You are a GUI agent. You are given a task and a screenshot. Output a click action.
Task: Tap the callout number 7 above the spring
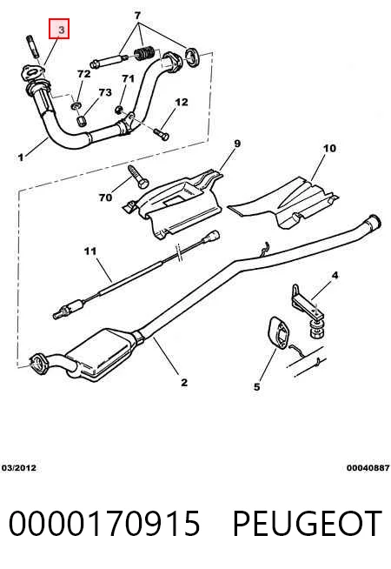(137, 16)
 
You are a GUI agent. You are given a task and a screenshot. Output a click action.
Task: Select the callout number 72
(84, 74)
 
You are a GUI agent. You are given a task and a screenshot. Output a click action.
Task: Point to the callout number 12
(182, 102)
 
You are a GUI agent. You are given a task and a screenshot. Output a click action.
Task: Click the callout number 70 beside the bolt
(105, 197)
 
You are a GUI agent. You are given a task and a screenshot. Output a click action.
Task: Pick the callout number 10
(329, 149)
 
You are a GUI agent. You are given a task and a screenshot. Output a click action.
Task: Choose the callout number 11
(90, 251)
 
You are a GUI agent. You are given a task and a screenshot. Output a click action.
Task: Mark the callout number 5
(256, 387)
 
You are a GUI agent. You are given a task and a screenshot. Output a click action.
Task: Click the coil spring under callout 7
(146, 55)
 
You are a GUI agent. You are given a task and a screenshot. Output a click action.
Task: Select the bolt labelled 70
(137, 177)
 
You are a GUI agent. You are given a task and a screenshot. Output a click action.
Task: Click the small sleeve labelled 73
(82, 120)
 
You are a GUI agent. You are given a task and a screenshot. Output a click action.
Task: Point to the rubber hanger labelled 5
(278, 333)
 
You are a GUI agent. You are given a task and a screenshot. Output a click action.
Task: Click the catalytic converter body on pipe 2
(102, 354)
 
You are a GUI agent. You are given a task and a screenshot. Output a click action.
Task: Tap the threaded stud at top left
(31, 46)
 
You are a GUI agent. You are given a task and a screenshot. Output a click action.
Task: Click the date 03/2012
(19, 468)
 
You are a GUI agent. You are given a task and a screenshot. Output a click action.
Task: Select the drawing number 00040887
(368, 468)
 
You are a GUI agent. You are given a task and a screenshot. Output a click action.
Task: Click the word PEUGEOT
(307, 524)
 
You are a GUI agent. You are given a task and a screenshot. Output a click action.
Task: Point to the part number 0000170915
(104, 524)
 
